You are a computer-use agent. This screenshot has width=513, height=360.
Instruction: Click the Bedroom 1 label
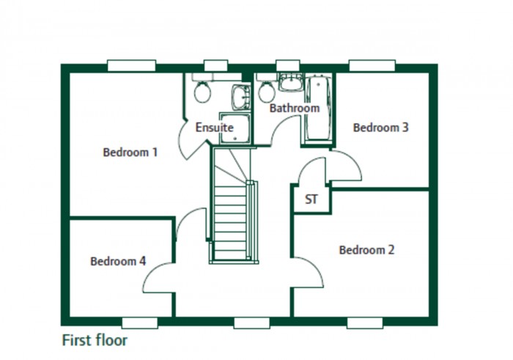point(130,153)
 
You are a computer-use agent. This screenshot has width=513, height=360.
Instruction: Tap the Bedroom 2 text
point(366,250)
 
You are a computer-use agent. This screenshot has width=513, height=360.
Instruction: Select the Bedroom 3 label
point(380,128)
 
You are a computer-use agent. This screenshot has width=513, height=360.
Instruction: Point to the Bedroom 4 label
point(118,261)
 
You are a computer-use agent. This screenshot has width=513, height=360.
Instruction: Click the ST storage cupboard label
point(311,199)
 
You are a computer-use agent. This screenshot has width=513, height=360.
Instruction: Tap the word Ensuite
point(214,128)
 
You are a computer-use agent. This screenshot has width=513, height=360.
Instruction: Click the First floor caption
point(95,341)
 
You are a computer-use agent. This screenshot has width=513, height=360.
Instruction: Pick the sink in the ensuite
point(240,97)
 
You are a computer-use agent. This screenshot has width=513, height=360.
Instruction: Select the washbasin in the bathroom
point(290,82)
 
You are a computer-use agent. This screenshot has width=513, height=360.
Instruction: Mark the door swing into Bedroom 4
point(160,276)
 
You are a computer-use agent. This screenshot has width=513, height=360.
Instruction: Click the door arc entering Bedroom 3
point(347,168)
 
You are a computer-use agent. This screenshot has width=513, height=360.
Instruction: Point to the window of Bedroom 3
point(368,66)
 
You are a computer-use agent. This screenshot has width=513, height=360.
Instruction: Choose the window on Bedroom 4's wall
point(140,322)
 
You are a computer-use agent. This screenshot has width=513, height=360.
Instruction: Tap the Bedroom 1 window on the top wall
point(131,66)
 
